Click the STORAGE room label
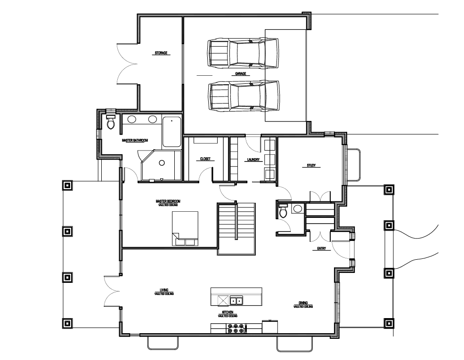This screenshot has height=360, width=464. click(x=161, y=53)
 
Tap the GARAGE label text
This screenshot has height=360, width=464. click(x=241, y=73)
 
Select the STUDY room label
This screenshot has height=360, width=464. click(x=311, y=166)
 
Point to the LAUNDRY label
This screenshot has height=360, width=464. click(x=253, y=160)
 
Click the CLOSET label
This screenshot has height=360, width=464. click(x=205, y=159)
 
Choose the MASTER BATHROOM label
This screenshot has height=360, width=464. click(x=135, y=140)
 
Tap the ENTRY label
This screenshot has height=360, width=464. click(x=321, y=248)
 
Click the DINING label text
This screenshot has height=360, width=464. click(x=303, y=303)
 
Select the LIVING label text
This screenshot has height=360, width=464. click(x=164, y=290)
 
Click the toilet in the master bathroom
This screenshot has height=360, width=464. click(x=111, y=121)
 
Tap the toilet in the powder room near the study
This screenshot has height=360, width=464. click(x=283, y=211)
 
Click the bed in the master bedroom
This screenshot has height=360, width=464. click(x=185, y=229)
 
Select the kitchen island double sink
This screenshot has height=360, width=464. click(x=236, y=301)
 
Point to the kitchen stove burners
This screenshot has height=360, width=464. click(x=236, y=328)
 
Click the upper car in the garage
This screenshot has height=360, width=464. click(x=243, y=53)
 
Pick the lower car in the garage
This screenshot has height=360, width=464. click(x=244, y=96)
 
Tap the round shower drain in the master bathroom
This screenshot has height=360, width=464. click(x=162, y=162)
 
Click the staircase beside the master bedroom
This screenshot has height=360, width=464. click(x=236, y=229)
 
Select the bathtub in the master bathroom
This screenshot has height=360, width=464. click(x=171, y=132)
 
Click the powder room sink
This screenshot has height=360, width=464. click(x=297, y=208)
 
